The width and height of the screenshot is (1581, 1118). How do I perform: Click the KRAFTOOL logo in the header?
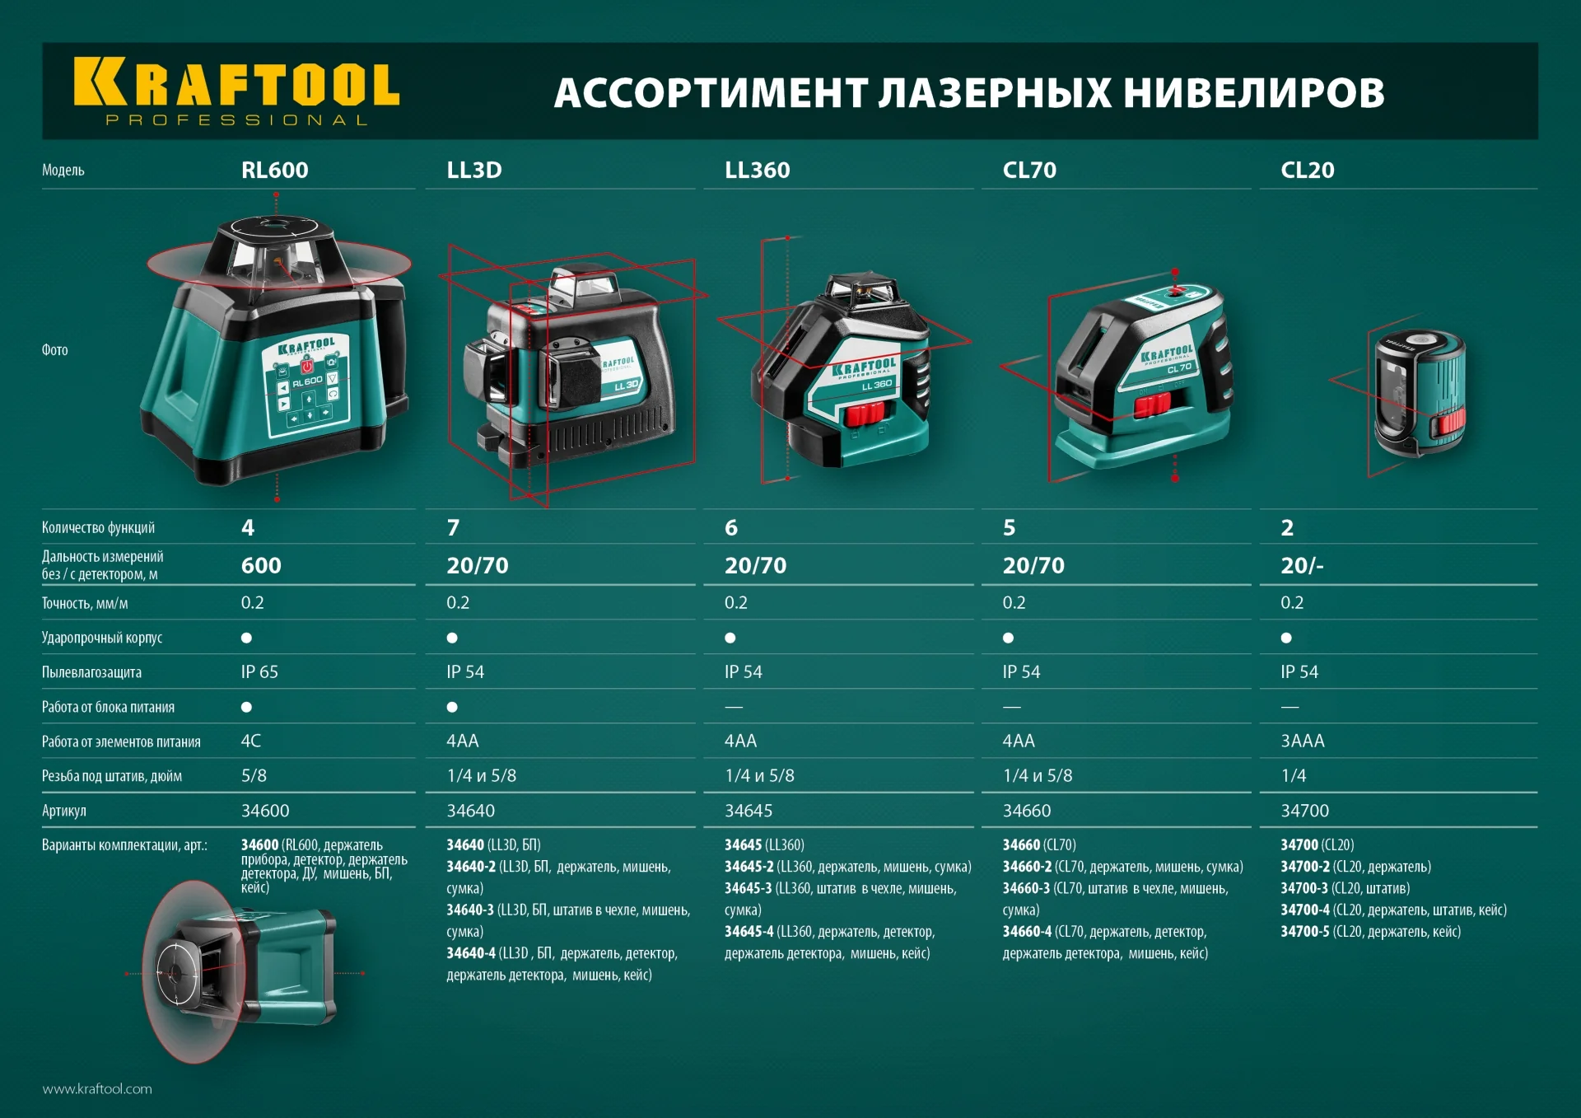(x=236, y=91)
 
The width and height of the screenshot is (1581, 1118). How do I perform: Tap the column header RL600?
(x=274, y=171)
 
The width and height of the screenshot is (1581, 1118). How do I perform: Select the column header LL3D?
(x=473, y=171)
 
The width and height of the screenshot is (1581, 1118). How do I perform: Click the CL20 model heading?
(x=1307, y=171)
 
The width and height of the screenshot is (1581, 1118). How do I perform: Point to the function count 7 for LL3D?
(x=453, y=528)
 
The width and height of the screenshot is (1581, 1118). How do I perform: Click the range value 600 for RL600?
(x=261, y=566)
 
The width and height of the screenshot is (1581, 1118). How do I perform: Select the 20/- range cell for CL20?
(x=1302, y=566)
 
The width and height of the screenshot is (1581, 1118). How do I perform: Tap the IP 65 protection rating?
(x=259, y=672)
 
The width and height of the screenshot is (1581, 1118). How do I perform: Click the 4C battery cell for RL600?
(x=250, y=741)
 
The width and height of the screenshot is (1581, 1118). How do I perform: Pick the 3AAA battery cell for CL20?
(x=1303, y=741)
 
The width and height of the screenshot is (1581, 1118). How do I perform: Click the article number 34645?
(x=748, y=812)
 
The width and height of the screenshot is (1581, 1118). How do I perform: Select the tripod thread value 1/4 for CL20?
(x=1293, y=776)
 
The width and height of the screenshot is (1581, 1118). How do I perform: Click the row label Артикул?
(x=64, y=812)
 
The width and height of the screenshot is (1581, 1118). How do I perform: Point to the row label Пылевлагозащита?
(x=91, y=673)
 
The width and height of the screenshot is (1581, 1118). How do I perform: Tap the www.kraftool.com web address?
(x=97, y=1089)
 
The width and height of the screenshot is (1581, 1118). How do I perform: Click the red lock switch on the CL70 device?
(x=1152, y=405)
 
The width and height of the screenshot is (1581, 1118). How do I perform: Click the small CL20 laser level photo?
(x=1419, y=394)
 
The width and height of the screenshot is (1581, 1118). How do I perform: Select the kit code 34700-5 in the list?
(x=1304, y=932)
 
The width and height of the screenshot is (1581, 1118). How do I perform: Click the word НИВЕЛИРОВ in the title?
(x=1253, y=92)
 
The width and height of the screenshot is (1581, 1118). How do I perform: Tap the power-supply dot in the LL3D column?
(x=452, y=707)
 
